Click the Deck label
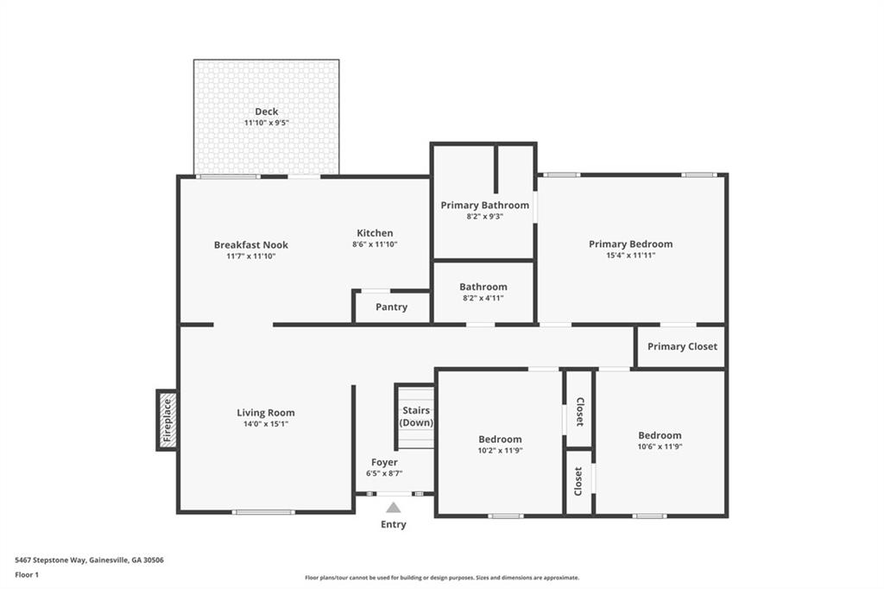pos(266,111)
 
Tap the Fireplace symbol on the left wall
pos(168,420)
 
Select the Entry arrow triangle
pos(393,508)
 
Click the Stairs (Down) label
pos(416,416)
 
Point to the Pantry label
pos(391,307)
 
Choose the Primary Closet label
pos(682,347)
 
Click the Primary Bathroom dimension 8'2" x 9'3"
pos(484,217)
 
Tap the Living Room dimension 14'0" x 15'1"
pos(266,424)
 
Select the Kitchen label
pos(375,233)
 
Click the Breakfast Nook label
pos(251,245)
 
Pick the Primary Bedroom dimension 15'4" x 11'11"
pos(630,256)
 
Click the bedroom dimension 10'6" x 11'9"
pos(660,446)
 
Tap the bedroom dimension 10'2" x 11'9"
pos(500,450)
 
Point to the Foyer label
pos(384,463)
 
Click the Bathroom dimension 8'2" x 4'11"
pos(483,298)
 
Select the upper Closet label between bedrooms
pos(579,412)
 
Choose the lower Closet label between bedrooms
pos(579,482)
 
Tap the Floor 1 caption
pos(27,574)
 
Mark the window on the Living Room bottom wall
pos(263,512)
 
